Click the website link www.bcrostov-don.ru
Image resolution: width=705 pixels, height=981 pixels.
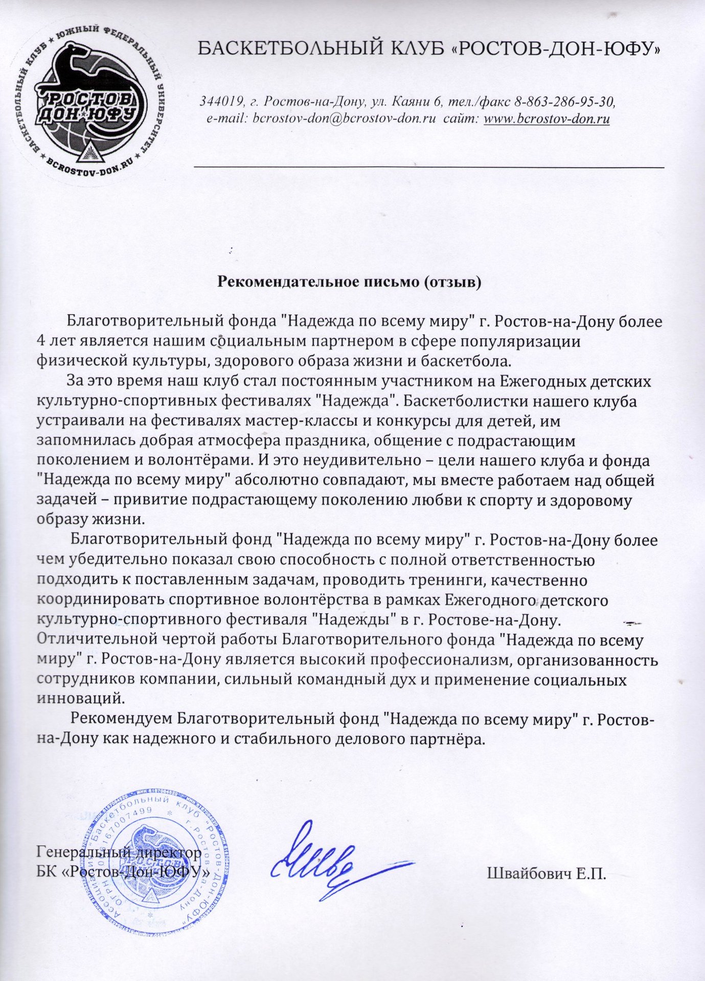coord(547,119)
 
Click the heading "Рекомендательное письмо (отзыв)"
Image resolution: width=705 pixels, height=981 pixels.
coord(350,282)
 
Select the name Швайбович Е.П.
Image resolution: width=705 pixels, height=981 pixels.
coord(547,873)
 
